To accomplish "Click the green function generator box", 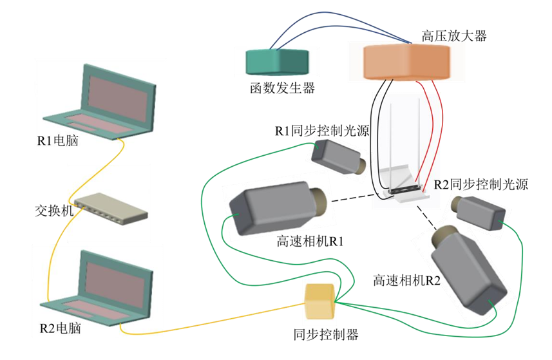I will [277, 62].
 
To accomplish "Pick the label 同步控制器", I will [325, 335].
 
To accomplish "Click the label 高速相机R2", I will [406, 280].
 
